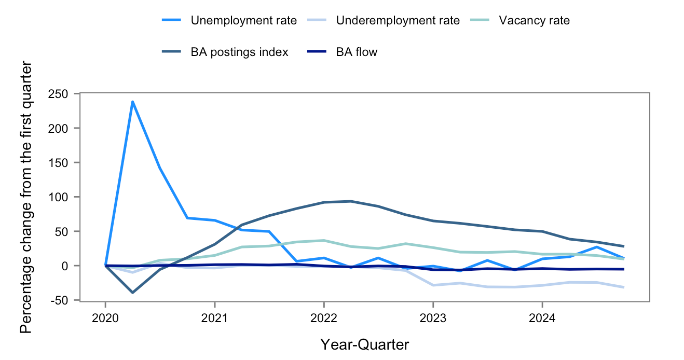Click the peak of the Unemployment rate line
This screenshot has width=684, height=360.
click(133, 102)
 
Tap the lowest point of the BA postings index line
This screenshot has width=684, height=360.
click(133, 293)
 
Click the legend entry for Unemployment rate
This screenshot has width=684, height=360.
click(243, 21)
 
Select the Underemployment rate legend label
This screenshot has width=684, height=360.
click(398, 21)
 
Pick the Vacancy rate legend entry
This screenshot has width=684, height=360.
click(534, 21)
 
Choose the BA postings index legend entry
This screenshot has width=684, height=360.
click(239, 52)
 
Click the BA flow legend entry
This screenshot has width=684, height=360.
click(357, 52)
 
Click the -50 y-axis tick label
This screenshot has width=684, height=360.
click(64, 300)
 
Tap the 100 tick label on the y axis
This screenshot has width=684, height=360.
click(64, 197)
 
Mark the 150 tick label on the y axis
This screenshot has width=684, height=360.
click(64, 163)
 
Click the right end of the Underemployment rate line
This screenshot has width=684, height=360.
click(623, 287)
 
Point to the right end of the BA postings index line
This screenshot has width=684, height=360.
click(623, 246)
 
